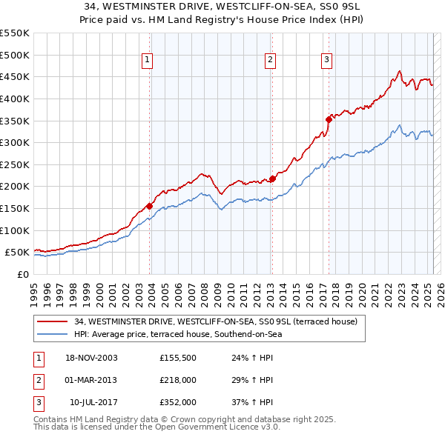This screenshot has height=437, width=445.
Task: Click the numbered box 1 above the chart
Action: (x=148, y=61)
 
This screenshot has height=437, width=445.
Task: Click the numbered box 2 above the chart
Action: (x=270, y=61)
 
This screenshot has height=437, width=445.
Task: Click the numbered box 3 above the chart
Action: (x=326, y=61)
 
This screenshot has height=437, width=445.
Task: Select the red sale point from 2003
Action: (x=149, y=206)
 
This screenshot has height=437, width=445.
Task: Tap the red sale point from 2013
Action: (x=272, y=179)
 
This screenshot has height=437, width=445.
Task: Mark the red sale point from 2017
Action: (x=329, y=119)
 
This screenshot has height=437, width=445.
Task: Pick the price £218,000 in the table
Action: (x=177, y=381)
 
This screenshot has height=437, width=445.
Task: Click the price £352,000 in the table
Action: (x=177, y=403)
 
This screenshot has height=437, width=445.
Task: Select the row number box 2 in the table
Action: (x=38, y=381)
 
